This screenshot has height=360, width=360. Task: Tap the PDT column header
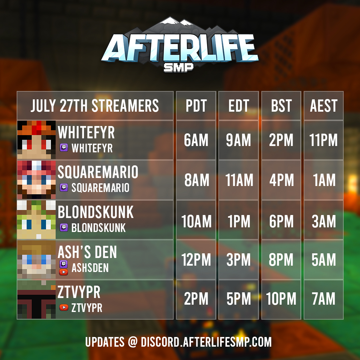click(x=196, y=106)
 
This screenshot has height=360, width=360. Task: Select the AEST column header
click(x=324, y=106)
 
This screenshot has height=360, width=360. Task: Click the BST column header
click(x=281, y=106)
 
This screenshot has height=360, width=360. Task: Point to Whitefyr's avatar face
click(x=36, y=140)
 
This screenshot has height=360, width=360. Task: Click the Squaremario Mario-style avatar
click(x=36, y=180)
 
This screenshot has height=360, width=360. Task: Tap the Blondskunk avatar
click(x=36, y=220)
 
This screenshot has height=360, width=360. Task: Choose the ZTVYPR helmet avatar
click(x=36, y=299)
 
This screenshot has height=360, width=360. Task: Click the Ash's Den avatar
click(x=36, y=259)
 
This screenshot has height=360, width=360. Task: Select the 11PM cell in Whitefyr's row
click(x=324, y=140)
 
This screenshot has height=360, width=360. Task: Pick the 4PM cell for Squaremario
click(x=281, y=180)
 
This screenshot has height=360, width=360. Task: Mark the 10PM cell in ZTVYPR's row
click(x=281, y=299)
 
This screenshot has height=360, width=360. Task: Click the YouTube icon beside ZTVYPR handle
click(x=64, y=307)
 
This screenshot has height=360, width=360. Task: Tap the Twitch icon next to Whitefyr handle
click(x=64, y=148)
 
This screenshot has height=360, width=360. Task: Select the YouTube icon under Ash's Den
click(x=64, y=272)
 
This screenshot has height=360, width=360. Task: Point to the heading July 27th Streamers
click(x=95, y=106)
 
